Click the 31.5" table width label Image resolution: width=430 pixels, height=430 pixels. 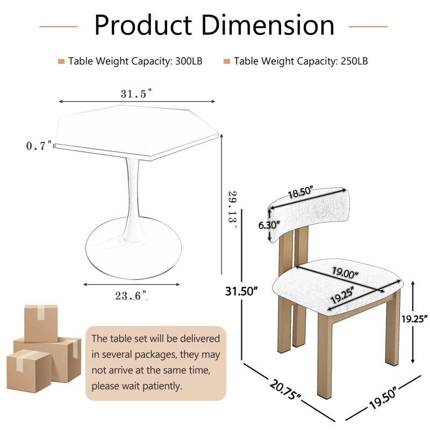tap(136, 94)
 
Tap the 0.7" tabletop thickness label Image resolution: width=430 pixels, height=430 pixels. tap(39, 146)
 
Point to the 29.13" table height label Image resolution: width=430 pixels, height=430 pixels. tap(233, 210)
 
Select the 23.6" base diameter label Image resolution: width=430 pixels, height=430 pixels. tap(132, 296)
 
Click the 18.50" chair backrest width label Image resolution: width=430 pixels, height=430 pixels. tap(300, 192)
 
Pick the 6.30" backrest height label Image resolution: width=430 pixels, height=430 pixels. tap(269, 225)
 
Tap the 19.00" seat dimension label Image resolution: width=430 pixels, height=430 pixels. tap(345, 273)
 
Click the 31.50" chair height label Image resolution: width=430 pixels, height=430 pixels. tap(241, 291)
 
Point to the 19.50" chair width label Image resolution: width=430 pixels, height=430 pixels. tap(383, 397)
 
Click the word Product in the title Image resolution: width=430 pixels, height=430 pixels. tap(143, 25)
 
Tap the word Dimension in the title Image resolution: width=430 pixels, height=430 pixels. tap(268, 25)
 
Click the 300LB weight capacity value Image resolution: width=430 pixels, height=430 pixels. tap(189, 61)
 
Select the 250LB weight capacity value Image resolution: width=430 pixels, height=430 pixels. tap(354, 61)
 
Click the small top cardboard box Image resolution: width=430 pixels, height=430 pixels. tap(41, 324)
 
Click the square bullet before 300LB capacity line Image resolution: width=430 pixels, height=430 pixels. tap(61, 61)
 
